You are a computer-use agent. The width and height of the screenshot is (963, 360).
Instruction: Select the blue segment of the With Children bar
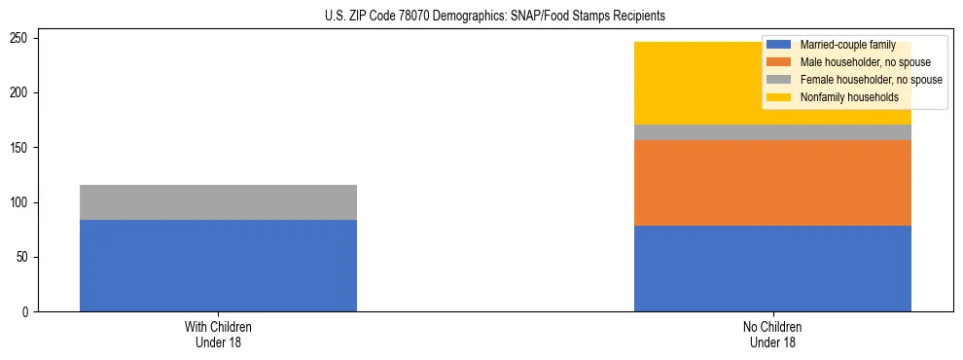[218, 266]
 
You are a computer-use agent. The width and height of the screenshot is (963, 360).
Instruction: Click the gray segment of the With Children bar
[218, 202]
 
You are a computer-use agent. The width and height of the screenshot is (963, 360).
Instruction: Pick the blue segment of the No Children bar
[772, 269]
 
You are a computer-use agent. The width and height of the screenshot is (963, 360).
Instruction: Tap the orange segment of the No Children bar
[772, 183]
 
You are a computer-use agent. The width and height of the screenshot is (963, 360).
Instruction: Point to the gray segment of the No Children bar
[772, 132]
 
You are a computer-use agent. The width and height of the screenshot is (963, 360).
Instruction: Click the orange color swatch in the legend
[779, 62]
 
